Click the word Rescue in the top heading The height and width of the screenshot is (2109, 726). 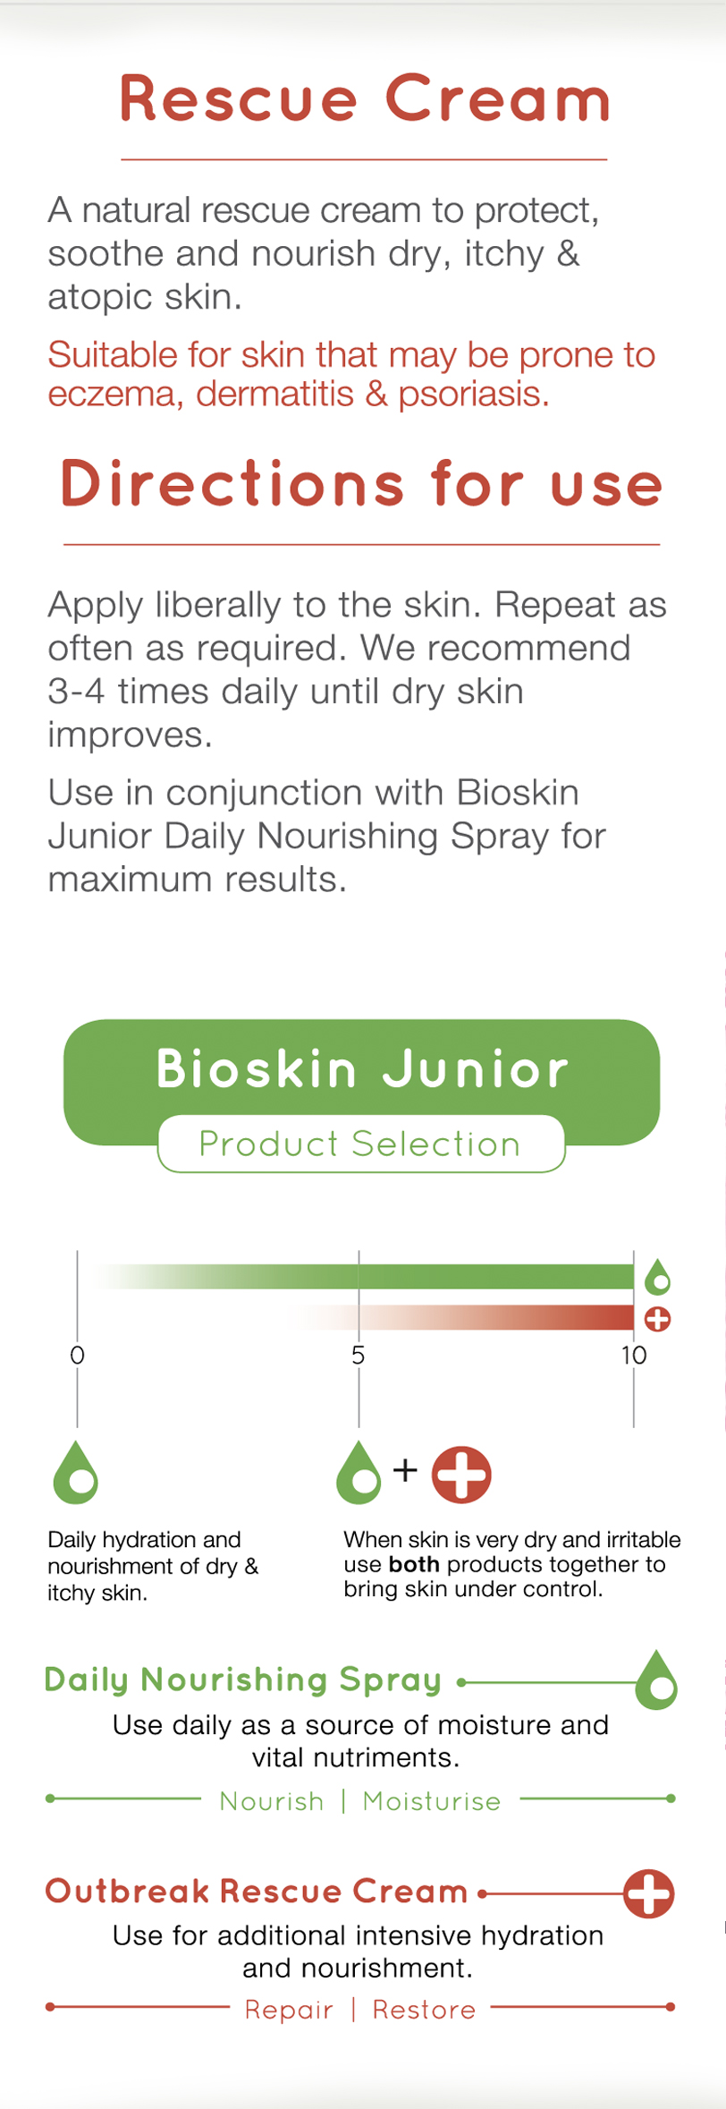click(239, 98)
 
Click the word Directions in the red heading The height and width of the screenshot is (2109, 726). click(232, 484)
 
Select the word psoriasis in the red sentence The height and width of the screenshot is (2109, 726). click(473, 395)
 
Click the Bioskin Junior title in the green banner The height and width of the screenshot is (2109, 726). click(362, 1068)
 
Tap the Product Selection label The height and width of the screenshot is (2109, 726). click(359, 1144)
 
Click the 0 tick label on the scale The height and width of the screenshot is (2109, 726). click(78, 1356)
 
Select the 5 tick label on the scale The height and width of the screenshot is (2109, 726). click(359, 1356)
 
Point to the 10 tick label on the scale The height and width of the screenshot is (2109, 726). click(634, 1356)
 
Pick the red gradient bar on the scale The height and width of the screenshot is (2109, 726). click(461, 1317)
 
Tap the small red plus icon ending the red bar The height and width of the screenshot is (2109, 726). click(658, 1319)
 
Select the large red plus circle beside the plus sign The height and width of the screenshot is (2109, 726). click(461, 1475)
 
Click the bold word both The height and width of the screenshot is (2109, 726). click(414, 1564)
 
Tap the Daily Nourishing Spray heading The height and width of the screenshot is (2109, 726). click(242, 1680)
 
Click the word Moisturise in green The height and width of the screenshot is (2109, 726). click(432, 1801)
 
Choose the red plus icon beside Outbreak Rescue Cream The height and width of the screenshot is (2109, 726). click(649, 1893)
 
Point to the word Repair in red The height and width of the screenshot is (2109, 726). click(289, 2010)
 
